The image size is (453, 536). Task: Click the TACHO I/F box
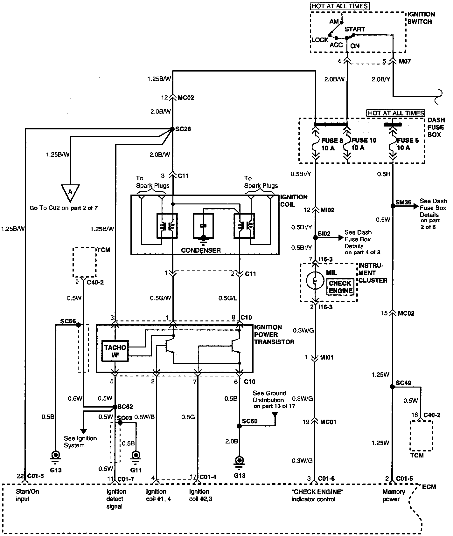point(115,351)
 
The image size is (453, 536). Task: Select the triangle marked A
point(70,193)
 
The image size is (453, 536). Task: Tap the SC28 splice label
point(183,129)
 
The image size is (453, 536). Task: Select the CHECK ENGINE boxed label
point(340,286)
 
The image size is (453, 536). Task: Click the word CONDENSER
point(201,250)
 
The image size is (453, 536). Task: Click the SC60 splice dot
point(239,426)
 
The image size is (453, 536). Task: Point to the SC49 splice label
point(403,383)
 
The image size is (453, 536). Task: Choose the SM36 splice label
point(403,202)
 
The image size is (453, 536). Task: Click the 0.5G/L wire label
point(227,298)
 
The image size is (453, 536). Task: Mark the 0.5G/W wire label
point(161,298)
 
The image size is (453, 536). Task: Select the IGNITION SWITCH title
point(422,18)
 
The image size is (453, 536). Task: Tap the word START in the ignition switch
point(355,29)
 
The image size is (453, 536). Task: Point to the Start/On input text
point(27,495)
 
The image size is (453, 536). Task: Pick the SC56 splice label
point(68,321)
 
